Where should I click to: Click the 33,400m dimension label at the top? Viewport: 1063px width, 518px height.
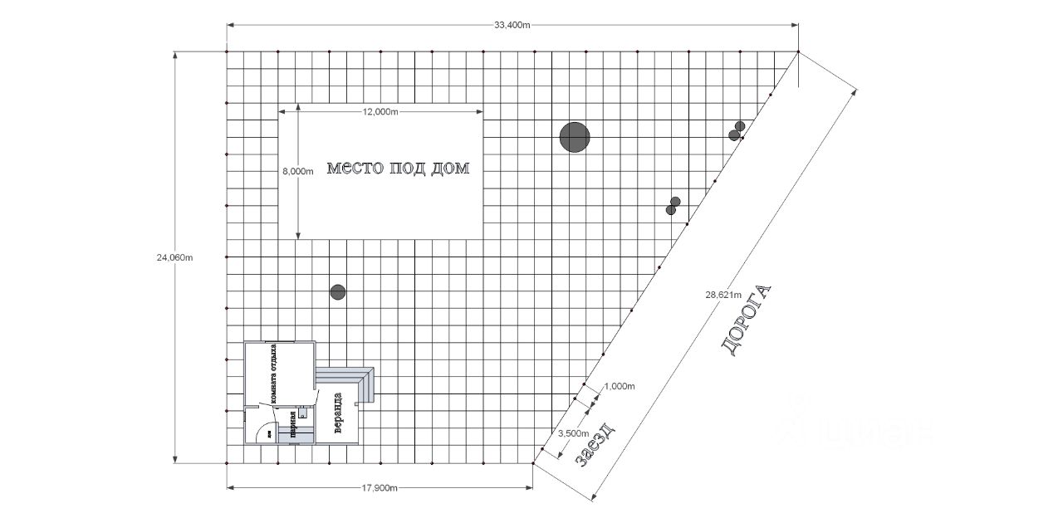(512, 25)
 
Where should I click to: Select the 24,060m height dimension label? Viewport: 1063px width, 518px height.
(174, 257)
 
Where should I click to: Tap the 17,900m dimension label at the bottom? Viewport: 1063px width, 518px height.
(380, 488)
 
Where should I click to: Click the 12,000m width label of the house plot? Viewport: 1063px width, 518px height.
(380, 112)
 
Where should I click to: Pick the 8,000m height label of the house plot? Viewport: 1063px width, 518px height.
(298, 172)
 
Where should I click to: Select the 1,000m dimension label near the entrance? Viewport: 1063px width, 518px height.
(619, 387)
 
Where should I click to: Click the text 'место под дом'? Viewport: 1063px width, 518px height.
(398, 169)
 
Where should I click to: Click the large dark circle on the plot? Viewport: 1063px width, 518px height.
(574, 137)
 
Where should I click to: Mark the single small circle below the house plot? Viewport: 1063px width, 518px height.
(337, 292)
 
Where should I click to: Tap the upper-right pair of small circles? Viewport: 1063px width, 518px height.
(737, 131)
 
